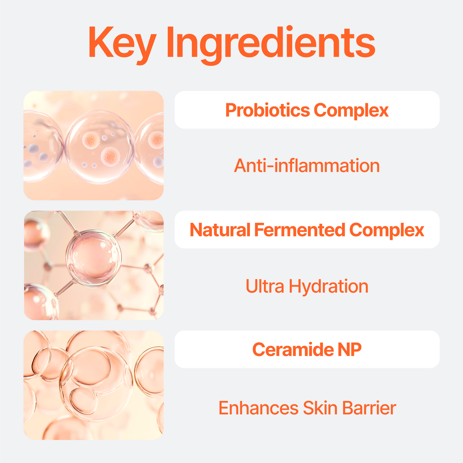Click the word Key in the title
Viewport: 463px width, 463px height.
click(122, 43)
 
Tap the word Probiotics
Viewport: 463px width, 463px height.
click(268, 110)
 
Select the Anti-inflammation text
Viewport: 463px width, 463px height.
click(307, 166)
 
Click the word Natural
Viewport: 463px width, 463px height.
click(220, 230)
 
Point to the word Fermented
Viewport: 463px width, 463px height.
click(300, 230)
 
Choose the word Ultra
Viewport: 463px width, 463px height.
click(265, 286)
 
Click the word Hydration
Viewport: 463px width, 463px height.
click(328, 286)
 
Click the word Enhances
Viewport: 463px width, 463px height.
click(258, 408)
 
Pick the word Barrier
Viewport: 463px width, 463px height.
click(369, 408)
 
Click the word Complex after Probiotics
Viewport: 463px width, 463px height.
click(351, 110)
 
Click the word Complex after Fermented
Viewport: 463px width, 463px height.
click(386, 230)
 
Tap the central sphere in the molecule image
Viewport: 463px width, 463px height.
click(94, 258)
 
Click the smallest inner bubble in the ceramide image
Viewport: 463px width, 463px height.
click(83, 401)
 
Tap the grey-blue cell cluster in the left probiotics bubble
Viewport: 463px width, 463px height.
click(34, 148)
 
